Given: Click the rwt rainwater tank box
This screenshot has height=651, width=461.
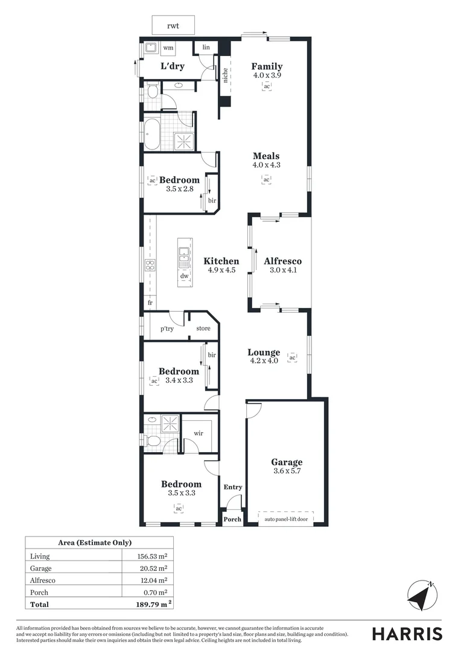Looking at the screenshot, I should point(173,26).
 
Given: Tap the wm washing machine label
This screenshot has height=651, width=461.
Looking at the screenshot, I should point(168,48).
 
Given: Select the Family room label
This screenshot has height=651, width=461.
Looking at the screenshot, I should point(267,66).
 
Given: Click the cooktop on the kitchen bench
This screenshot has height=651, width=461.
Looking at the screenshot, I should point(150,266).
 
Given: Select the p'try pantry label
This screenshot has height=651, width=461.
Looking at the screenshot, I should point(167,329).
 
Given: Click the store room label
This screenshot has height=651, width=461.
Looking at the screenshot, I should point(203,329).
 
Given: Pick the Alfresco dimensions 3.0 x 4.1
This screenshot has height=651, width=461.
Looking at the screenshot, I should point(283,270).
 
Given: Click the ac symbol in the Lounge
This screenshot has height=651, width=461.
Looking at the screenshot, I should point(293,357).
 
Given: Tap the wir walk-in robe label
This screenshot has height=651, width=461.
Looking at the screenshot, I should point(198,433).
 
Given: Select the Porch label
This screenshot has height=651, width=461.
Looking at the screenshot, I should point(232,519).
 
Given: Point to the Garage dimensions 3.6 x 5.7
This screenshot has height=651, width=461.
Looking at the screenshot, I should point(287,472).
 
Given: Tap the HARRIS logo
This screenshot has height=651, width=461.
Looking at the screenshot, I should point(407,634).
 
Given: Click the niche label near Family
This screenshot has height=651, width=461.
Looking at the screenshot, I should point(225,75).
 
